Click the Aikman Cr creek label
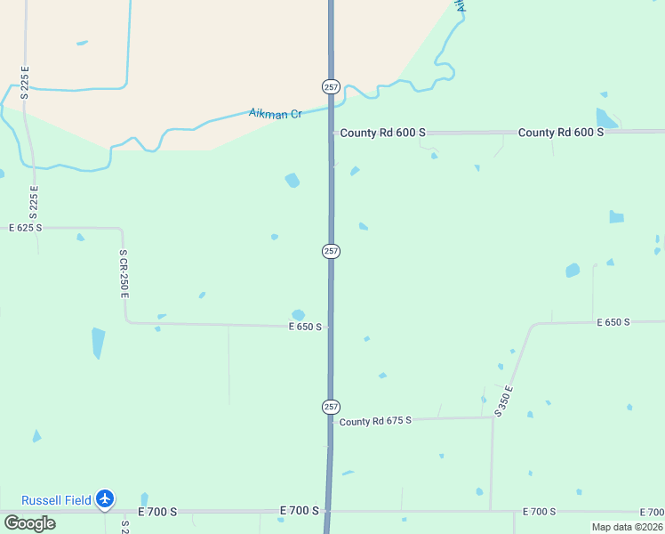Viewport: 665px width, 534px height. point(275,114)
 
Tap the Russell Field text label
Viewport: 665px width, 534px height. point(56,500)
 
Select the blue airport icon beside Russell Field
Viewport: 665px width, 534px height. point(106,499)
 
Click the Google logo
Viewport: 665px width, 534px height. point(29,522)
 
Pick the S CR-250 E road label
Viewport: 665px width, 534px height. point(124,273)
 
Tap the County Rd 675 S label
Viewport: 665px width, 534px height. point(375,420)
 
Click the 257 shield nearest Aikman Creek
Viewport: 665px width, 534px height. point(331,86)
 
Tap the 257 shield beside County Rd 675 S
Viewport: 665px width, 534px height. point(331,406)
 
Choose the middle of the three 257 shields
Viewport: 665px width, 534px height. point(331,251)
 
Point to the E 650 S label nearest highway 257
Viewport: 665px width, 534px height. point(304,327)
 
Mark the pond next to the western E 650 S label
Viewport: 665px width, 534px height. point(299,314)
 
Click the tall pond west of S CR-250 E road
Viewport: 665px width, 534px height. point(98,343)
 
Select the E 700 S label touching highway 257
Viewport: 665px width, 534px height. point(299,510)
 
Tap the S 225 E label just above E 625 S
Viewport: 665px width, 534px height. point(35,202)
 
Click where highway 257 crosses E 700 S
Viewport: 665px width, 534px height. point(328,511)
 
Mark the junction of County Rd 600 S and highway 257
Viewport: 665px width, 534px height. point(332,133)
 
